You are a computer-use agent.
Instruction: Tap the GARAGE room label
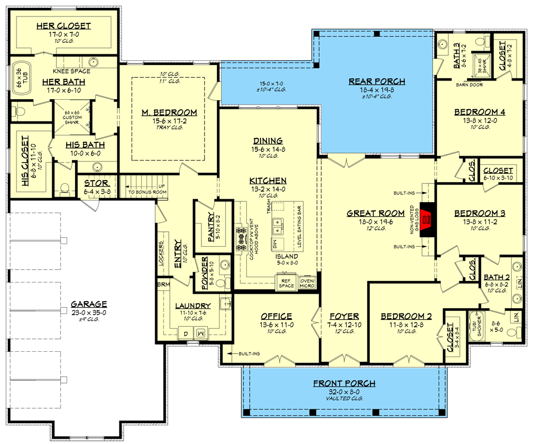pos(89,304)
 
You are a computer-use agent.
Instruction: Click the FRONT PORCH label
pos(344,383)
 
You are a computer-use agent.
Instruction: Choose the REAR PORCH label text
pos(377,82)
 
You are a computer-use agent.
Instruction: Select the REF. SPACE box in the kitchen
pos(286,282)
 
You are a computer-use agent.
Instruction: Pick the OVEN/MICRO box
pos(308,282)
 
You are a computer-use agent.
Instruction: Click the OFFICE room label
pos(276,316)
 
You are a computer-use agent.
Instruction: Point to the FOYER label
pos(344,316)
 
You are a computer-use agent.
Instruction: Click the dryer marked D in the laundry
pos(185,333)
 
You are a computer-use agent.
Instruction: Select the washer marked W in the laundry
pos(202,333)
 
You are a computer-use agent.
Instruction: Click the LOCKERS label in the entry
pos(160,254)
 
